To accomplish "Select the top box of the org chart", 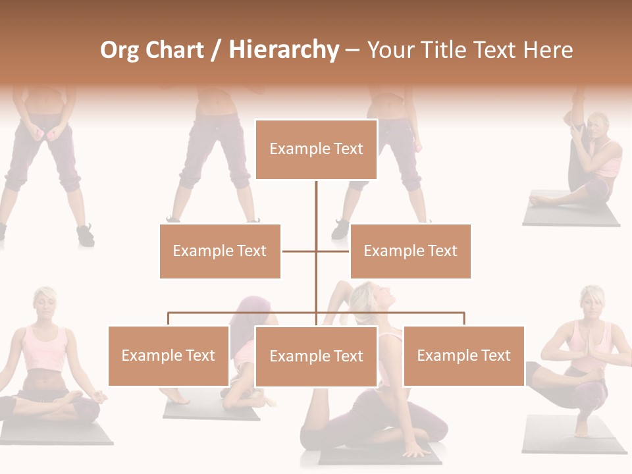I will click(316, 149).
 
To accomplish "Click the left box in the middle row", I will click(220, 251).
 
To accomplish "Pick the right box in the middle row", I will click(410, 251).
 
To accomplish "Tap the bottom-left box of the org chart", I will click(169, 356).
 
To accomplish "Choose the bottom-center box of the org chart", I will click(316, 356).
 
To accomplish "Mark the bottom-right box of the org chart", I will click(463, 356).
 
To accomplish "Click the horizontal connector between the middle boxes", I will click(300, 251).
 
